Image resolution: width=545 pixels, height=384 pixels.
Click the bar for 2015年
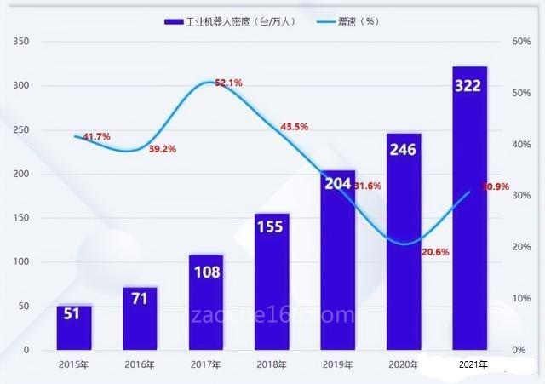click(x=74, y=328)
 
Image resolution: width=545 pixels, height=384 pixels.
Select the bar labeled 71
click(x=140, y=318)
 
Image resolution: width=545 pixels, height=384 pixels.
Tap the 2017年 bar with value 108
click(x=205, y=303)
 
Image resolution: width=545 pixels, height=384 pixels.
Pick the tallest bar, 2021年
click(x=469, y=209)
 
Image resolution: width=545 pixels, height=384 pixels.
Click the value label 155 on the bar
click(x=272, y=228)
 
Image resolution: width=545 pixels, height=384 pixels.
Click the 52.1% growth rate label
click(x=228, y=83)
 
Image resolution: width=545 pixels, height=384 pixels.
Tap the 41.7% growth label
click(x=96, y=136)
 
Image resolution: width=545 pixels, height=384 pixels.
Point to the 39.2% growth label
click(x=162, y=149)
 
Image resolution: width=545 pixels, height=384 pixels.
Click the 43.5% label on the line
click(x=294, y=126)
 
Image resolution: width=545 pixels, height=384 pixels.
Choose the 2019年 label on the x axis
click(x=337, y=364)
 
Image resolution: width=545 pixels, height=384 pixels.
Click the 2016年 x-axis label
click(x=140, y=364)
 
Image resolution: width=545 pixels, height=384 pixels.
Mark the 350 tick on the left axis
click(x=21, y=42)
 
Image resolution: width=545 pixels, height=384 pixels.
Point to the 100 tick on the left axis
click(x=21, y=262)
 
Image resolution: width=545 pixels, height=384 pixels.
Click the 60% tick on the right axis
click(x=521, y=42)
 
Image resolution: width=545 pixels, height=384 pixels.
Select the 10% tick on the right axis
click(x=521, y=299)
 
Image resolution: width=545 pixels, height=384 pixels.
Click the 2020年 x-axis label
click(x=404, y=364)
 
